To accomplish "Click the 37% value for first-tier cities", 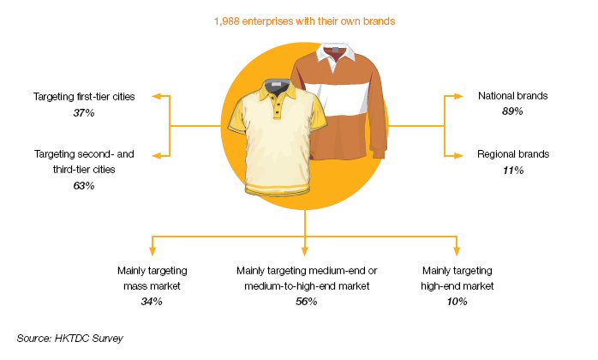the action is (x=84, y=112).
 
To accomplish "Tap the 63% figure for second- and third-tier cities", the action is (x=84, y=185).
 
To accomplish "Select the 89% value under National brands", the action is (x=512, y=111).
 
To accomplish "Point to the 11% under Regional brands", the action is (x=513, y=170).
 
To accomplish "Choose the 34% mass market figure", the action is (x=152, y=301).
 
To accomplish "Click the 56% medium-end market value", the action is (x=306, y=301).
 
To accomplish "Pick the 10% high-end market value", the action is (x=457, y=301).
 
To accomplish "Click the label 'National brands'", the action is (x=513, y=95).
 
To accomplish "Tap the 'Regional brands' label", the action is (x=513, y=153).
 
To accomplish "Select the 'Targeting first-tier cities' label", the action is (x=84, y=97).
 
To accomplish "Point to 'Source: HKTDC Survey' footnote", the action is (x=69, y=339).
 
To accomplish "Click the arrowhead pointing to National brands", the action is (x=459, y=96).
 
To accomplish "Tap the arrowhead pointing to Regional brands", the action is (x=459, y=155).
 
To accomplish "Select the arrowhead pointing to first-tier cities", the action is (x=157, y=96).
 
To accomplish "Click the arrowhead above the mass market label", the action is (x=152, y=251).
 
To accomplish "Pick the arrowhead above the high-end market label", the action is (x=457, y=251).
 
